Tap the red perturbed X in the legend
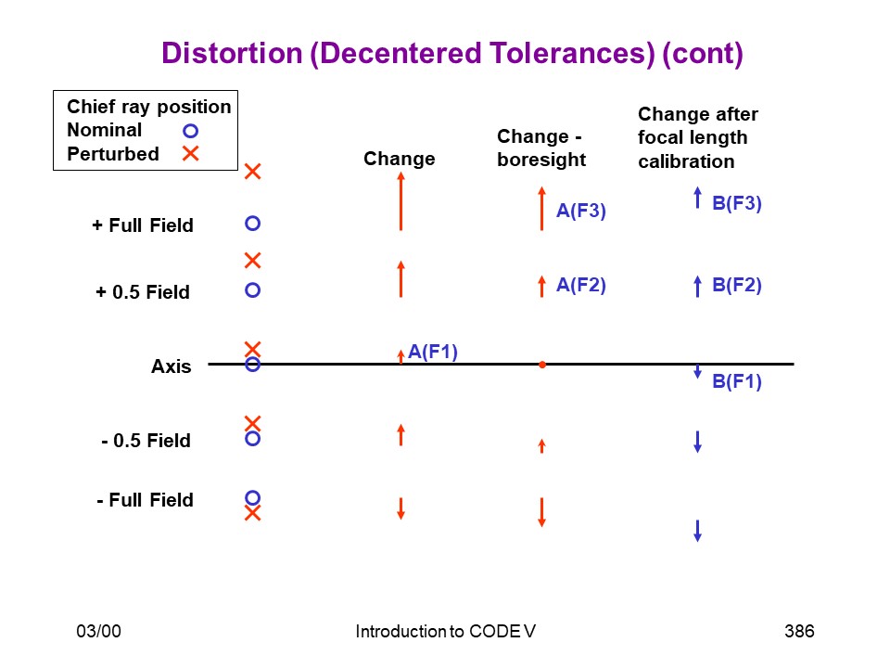(x=190, y=153)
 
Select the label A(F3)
(x=580, y=211)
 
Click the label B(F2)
(x=737, y=285)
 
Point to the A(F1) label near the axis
(x=433, y=352)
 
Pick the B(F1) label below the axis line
(x=737, y=381)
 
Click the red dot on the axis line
(x=542, y=365)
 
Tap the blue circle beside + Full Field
(x=252, y=224)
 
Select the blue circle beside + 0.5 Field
(x=252, y=290)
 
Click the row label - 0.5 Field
(x=146, y=440)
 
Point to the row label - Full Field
(x=145, y=500)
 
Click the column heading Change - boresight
(x=540, y=148)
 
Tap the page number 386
(x=799, y=631)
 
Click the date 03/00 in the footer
(x=99, y=631)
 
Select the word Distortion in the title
(x=232, y=54)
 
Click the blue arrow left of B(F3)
(x=697, y=198)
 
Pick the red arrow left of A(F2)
(x=542, y=287)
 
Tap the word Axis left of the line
(x=171, y=366)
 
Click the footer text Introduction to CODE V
(x=446, y=631)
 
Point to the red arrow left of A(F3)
(x=542, y=209)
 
